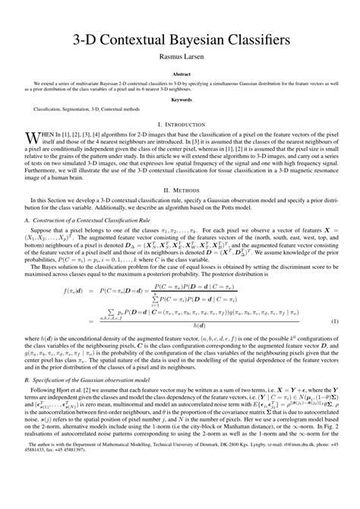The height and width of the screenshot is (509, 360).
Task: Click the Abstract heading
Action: tap(180, 74)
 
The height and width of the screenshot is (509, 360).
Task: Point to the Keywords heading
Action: tap(180, 99)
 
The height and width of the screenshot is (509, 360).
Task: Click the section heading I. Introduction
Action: tap(180, 123)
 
